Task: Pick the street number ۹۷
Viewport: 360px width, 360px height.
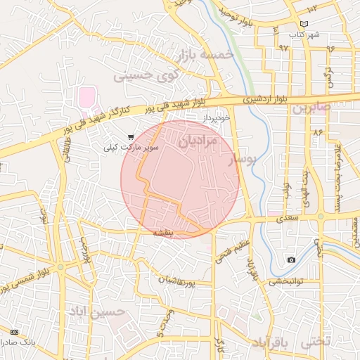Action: [x=283, y=48]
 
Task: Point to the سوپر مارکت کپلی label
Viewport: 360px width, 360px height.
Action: [x=131, y=148]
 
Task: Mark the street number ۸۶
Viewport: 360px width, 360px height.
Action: [x=318, y=131]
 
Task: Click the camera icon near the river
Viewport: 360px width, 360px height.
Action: [x=291, y=260]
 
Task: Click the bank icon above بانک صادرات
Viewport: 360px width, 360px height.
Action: [x=15, y=331]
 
